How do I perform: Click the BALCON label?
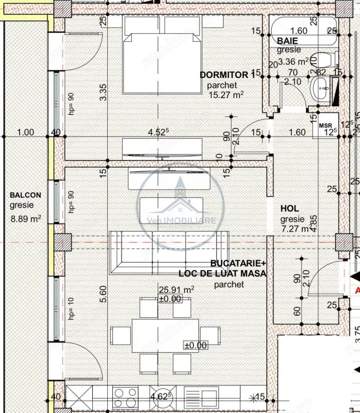(25, 196)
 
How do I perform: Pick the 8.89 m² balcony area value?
(26, 218)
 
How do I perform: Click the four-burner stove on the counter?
(125, 397)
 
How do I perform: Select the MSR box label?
(325, 125)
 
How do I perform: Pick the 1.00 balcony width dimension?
(26, 132)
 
